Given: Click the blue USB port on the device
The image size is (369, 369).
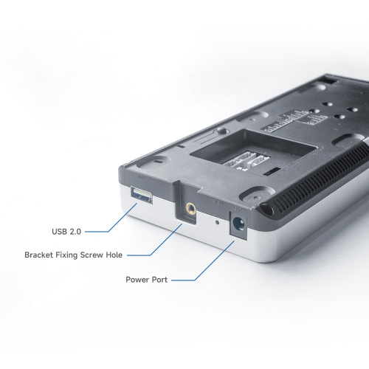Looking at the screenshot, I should coord(142,196).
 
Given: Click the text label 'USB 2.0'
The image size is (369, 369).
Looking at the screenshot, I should coord(66,231).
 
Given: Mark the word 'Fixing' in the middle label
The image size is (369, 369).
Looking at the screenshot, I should coord(71,255).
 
